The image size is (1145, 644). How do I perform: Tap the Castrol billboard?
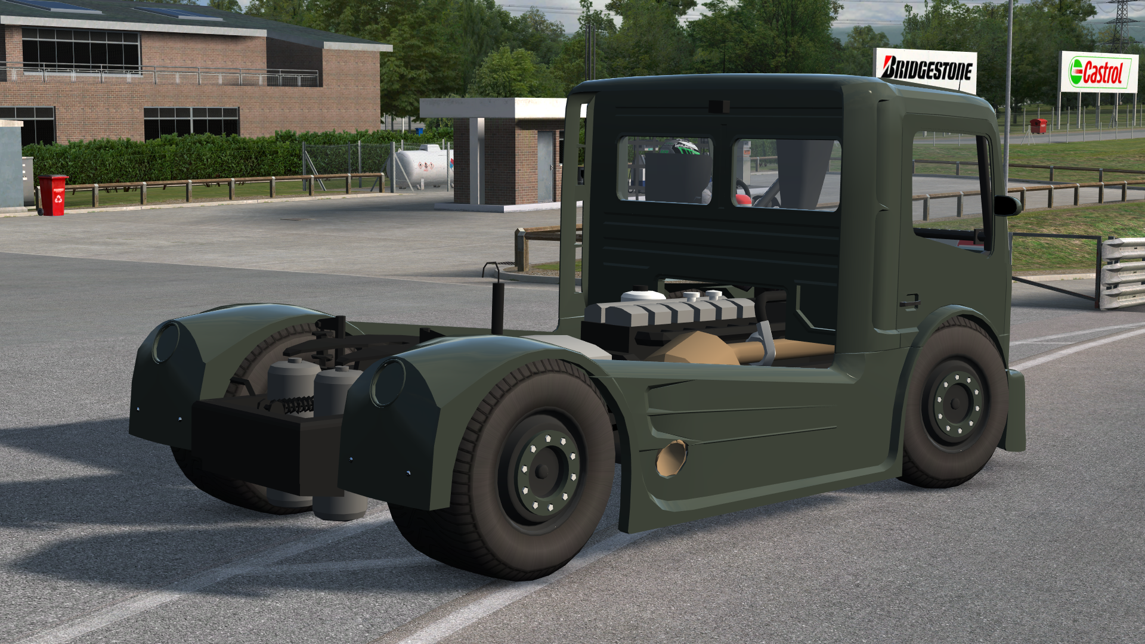[x=1098, y=72]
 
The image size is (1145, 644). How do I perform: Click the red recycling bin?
[x=53, y=195]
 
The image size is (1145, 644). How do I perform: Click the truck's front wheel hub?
[x=957, y=404]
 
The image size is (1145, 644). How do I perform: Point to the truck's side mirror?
[x=1008, y=205]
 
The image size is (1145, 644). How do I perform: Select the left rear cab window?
[x=664, y=171]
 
